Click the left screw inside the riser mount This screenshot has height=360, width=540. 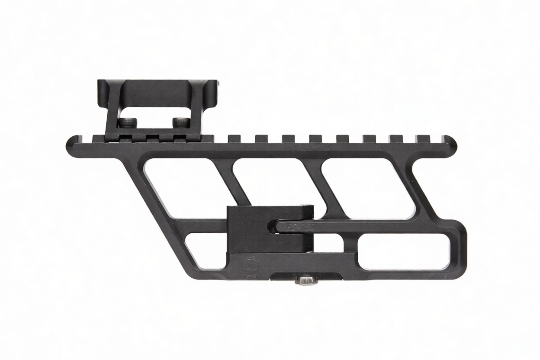point(128,123)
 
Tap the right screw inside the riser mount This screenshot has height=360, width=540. point(179,122)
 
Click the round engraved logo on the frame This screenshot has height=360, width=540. point(252,267)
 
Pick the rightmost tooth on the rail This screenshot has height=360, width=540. point(423,138)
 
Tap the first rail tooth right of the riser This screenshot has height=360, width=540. point(234,138)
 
